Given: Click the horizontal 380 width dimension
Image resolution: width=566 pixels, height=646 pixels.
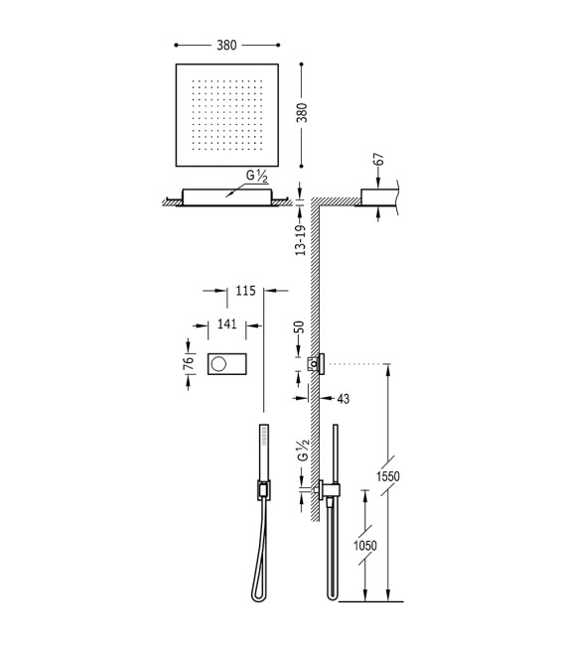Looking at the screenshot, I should pos(227,45).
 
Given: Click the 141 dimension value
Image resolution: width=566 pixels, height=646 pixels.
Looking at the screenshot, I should pos(227,323).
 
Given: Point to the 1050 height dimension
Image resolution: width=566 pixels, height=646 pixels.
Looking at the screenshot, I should pos(366,547).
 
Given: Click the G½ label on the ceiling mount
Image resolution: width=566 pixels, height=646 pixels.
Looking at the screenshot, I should pos(257,178).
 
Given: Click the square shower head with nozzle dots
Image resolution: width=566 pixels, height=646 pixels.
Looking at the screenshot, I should pos(227,115).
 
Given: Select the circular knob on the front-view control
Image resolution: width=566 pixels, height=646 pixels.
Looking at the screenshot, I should pos(219,364).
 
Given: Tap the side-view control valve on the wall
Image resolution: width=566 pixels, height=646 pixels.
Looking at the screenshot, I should pos(318,364).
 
